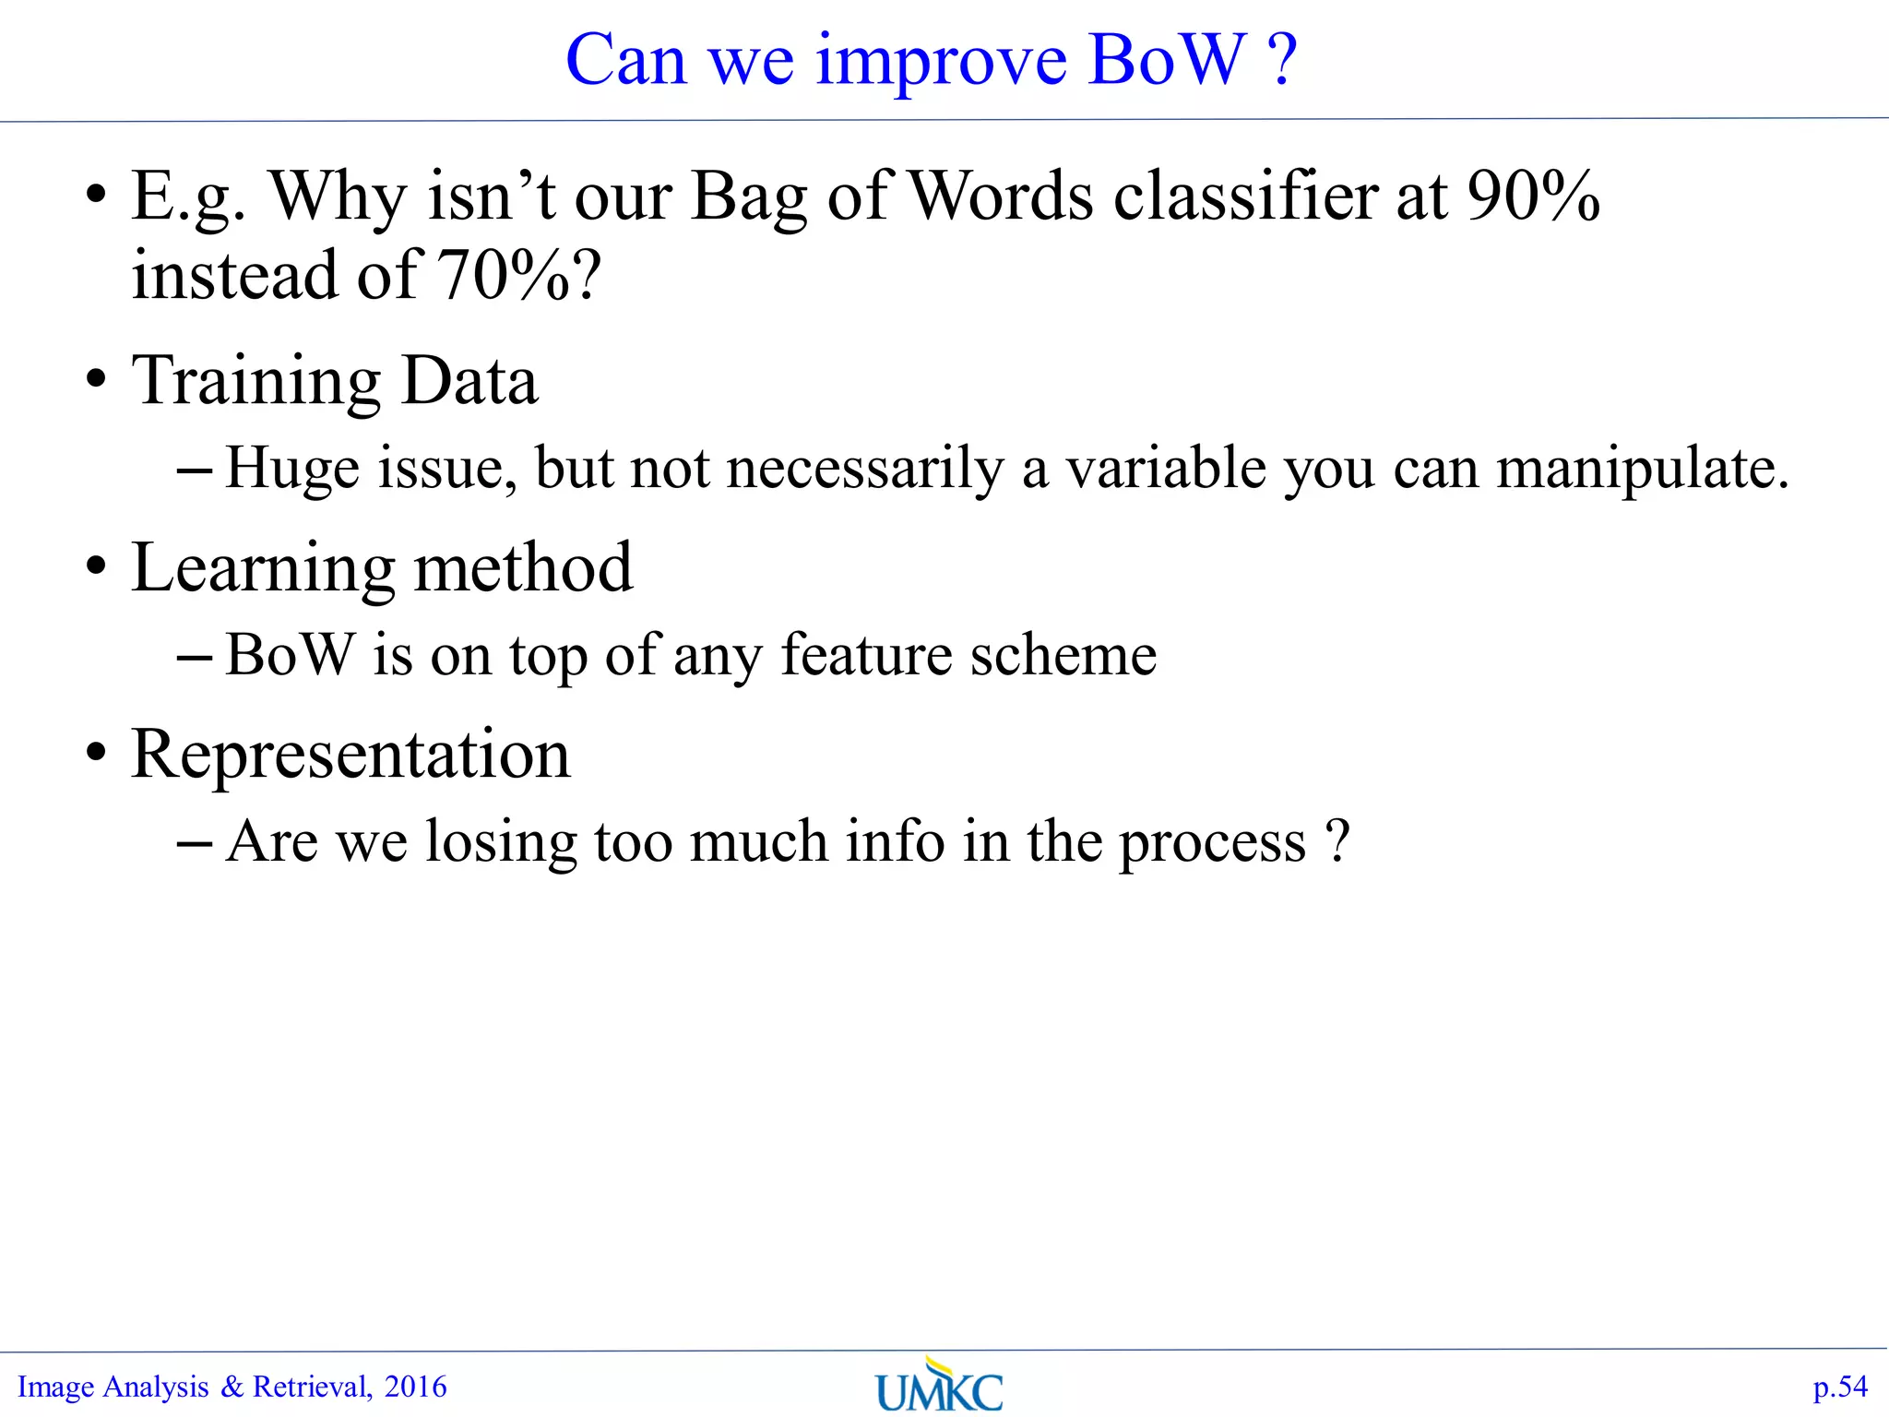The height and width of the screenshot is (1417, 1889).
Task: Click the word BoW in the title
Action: [1167, 60]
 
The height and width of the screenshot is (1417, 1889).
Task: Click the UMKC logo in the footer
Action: [939, 1386]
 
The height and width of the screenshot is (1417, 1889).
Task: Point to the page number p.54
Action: [1839, 1387]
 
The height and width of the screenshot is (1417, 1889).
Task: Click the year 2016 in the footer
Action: [415, 1387]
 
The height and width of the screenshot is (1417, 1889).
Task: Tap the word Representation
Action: [350, 754]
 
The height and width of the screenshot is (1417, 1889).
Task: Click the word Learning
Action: [263, 568]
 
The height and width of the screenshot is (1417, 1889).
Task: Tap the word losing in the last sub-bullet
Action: [500, 842]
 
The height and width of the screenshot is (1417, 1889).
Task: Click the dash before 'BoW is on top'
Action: [194, 657]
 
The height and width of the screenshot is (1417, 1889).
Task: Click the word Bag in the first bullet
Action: [747, 197]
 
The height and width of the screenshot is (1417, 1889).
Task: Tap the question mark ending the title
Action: [1283, 60]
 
